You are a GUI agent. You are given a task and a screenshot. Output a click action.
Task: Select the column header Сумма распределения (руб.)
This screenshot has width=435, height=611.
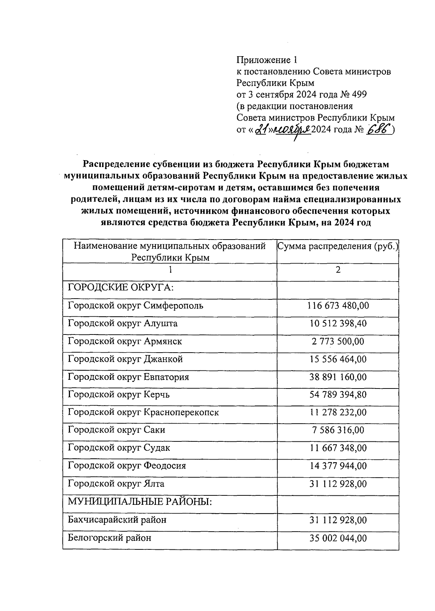[x=338, y=247]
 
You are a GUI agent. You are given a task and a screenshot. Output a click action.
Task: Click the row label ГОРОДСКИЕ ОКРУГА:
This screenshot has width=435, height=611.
[x=121, y=288]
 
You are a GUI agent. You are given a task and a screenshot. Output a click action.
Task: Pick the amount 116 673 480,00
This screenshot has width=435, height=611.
[x=338, y=306]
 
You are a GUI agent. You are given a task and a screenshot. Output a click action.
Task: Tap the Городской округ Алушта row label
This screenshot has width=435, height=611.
[x=123, y=323]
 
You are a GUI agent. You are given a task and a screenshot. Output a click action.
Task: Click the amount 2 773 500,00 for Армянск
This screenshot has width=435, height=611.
[x=338, y=341]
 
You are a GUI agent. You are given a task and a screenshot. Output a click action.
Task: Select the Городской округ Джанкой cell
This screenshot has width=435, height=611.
[x=125, y=359]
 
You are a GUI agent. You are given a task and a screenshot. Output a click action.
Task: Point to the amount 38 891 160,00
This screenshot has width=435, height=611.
[x=338, y=377]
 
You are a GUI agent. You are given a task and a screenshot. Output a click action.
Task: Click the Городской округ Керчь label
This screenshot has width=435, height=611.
[x=119, y=395]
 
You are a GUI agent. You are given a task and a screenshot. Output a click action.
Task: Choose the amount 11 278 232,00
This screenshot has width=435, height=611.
[x=338, y=413]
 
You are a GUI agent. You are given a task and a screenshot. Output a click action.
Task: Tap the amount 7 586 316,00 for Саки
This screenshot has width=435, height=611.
[x=338, y=431]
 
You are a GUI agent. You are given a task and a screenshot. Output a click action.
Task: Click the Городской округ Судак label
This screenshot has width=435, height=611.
[x=119, y=448]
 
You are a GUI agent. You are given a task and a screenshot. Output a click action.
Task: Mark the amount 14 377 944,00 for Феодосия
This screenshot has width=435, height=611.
[x=338, y=466]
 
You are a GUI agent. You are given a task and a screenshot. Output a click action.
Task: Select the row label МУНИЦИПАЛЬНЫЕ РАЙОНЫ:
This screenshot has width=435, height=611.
[x=140, y=502]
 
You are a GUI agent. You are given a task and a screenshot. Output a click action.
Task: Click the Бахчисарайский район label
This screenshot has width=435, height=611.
[x=117, y=520]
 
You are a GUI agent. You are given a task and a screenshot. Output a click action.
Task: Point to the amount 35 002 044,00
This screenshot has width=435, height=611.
[x=338, y=538]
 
